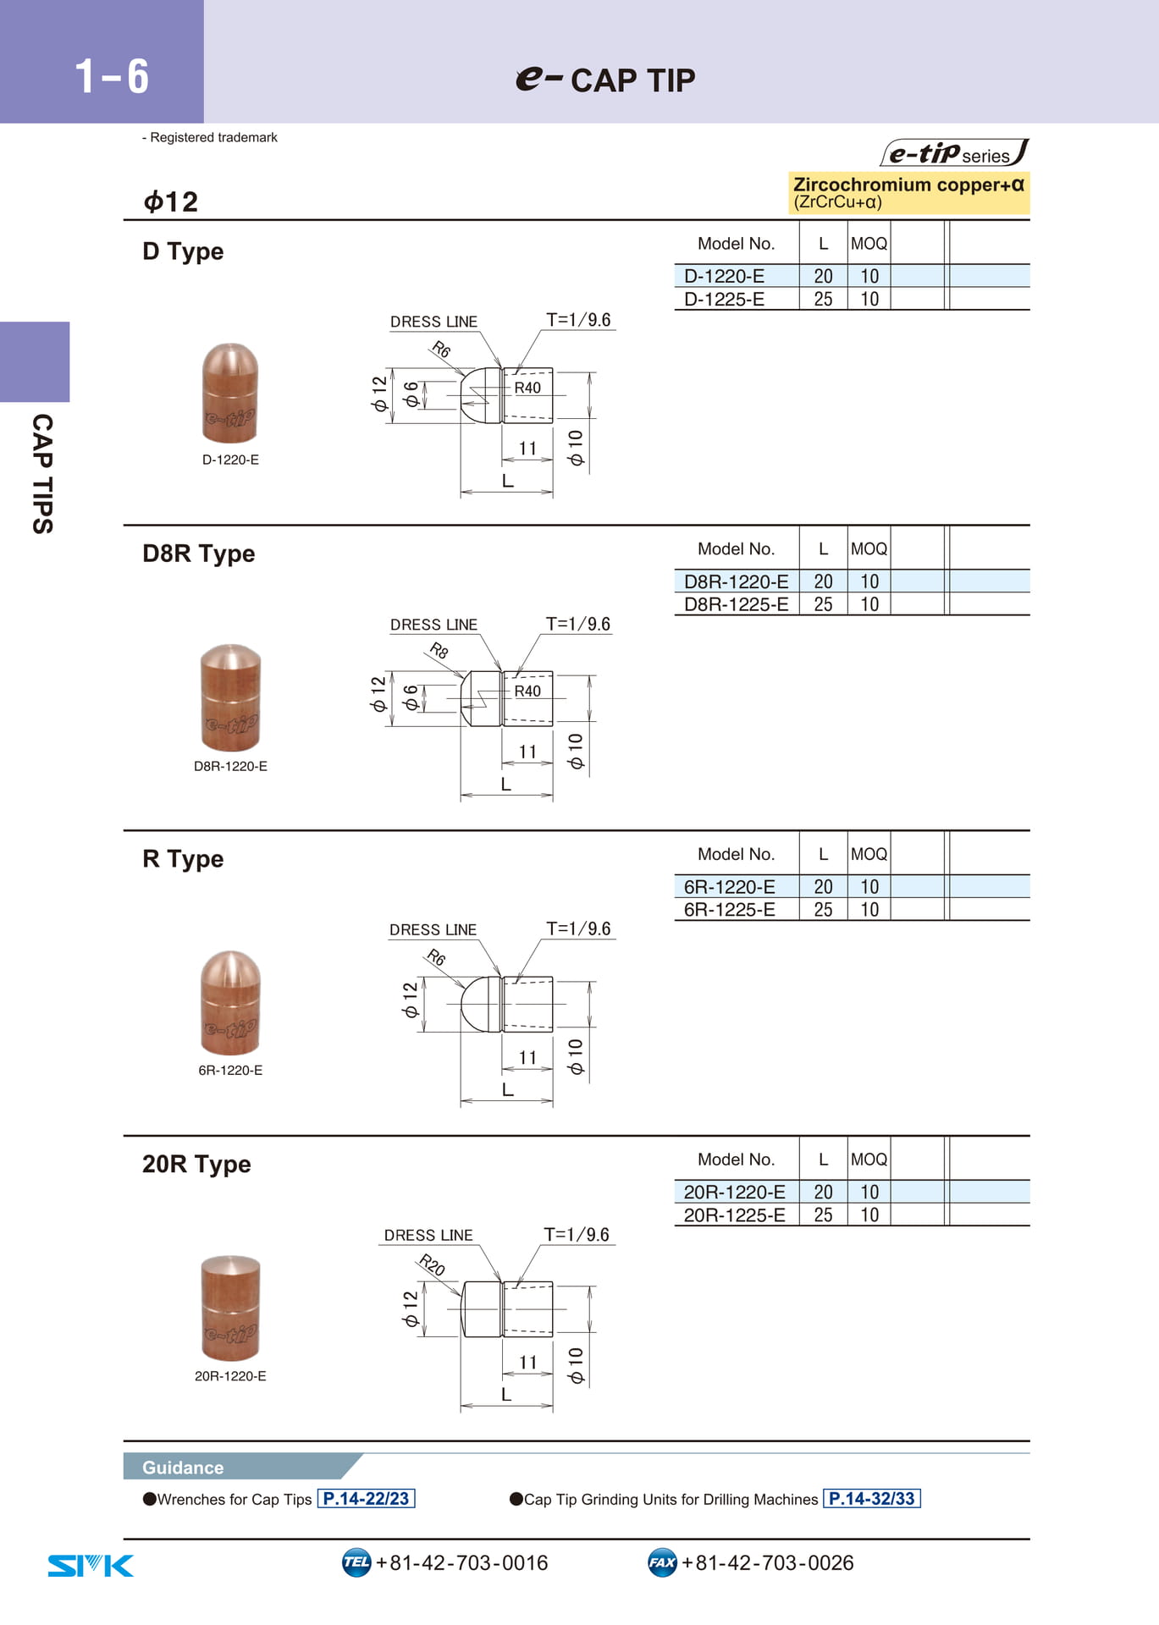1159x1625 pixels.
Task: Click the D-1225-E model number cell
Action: pos(724,299)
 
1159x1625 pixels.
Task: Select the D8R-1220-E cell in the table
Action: pos(736,581)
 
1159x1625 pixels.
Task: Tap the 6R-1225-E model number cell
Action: pos(729,910)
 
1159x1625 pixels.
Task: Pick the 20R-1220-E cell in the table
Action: pos(734,1192)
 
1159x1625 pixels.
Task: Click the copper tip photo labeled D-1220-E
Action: pos(230,393)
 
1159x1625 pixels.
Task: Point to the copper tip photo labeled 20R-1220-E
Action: pos(230,1308)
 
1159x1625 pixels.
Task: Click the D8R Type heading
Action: pos(198,554)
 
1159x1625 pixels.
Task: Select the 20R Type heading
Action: pos(196,1165)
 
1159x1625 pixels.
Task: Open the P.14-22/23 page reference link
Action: pos(366,1499)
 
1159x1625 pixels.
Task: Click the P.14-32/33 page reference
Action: pos(871,1499)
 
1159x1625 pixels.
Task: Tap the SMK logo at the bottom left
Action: pos(91,1566)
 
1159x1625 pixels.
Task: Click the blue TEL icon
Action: pos(356,1562)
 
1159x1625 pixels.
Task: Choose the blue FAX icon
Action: pos(662,1562)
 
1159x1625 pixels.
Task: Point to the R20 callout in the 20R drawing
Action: pos(432,1265)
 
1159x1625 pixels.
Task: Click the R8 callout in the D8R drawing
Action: pos(439,650)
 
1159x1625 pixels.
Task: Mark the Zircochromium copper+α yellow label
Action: pos(908,192)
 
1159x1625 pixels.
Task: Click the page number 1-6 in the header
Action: pos(112,76)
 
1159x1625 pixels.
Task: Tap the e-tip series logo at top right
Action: pos(954,152)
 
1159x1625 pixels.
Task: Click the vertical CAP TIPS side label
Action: pos(42,474)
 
